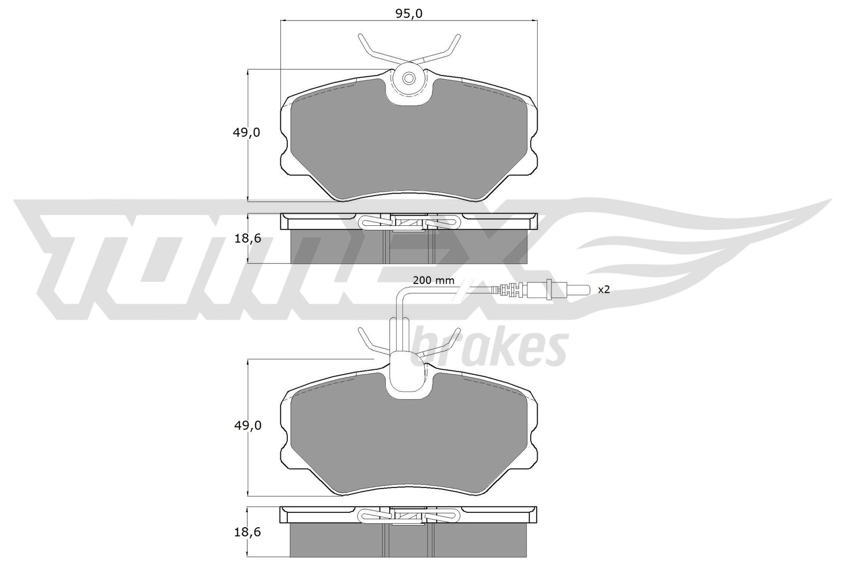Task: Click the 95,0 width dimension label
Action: (x=409, y=14)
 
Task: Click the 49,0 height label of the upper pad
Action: (x=246, y=132)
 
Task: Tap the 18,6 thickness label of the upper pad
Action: (x=248, y=238)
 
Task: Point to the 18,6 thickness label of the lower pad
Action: (x=248, y=532)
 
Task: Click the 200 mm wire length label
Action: (x=434, y=280)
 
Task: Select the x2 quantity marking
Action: (x=604, y=289)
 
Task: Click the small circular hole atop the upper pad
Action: (x=409, y=79)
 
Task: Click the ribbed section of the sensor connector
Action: (x=507, y=290)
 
